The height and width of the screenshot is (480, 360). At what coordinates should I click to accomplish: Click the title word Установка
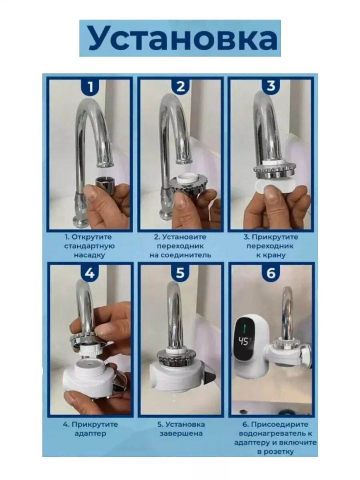pyautogui.click(x=183, y=38)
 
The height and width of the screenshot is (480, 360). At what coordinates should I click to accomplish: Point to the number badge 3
pyautogui.click(x=271, y=86)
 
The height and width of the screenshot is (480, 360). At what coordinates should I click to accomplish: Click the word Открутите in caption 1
pyautogui.click(x=92, y=237)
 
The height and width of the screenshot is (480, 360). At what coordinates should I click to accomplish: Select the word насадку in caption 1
pyautogui.click(x=89, y=255)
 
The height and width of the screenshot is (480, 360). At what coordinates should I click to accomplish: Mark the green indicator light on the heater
pyautogui.click(x=244, y=327)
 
